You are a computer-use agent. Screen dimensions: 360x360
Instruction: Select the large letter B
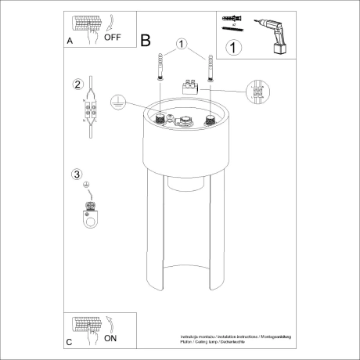tap(146, 40)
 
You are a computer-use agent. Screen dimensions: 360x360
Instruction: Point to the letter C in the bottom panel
tap(70, 343)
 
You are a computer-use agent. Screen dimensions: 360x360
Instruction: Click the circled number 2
tap(77, 85)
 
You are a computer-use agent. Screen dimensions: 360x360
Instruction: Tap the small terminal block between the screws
tap(188, 88)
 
